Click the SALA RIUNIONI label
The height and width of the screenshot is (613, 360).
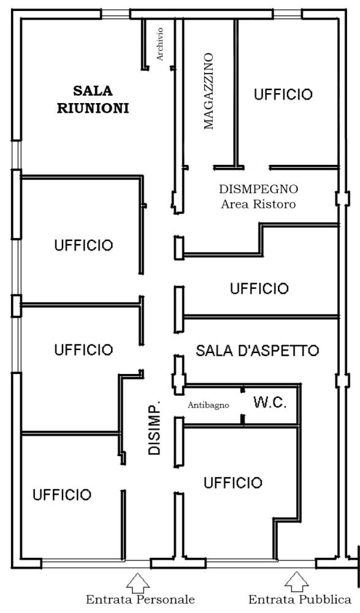pos(93,99)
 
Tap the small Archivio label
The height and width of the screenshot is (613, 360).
pos(159,44)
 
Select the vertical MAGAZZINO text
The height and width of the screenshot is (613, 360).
pos(209,91)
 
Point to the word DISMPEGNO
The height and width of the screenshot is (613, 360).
pos(258,189)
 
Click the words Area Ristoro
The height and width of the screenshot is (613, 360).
pos(258,204)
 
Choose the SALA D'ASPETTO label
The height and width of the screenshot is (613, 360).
pos(257,350)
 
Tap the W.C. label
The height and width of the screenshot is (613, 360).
pos(270,402)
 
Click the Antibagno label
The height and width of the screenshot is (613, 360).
pos(208,405)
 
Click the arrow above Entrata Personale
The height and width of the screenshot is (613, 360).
pos(137,583)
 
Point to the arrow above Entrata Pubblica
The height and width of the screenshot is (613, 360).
pos(297,582)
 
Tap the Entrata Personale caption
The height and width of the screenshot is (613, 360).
pos(140,600)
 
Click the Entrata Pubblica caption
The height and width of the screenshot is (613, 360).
pos(300,600)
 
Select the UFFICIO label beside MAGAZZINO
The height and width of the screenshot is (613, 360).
pos(283,94)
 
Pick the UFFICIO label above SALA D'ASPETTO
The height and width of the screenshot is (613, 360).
pos(259,289)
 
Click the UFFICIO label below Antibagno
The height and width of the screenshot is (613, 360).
pos(233,482)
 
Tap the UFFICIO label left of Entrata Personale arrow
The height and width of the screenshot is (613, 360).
pos(62,495)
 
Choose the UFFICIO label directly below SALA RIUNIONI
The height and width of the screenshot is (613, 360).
pos(84,245)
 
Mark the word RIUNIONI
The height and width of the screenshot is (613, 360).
pos(93,108)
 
